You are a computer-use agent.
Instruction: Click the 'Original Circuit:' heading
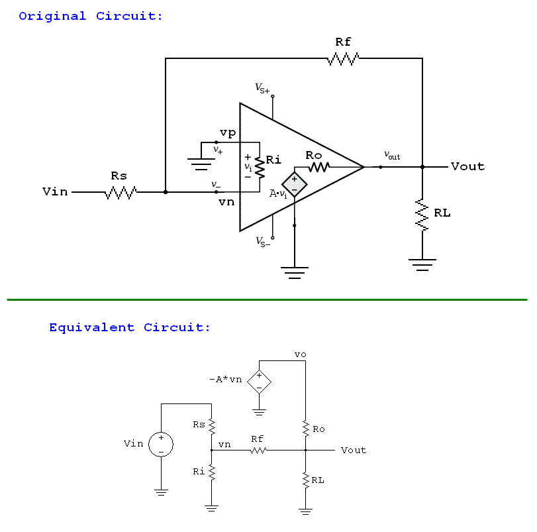click(91, 16)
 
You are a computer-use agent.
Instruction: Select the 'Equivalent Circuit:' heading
click(130, 327)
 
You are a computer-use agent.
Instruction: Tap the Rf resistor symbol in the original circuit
click(343, 59)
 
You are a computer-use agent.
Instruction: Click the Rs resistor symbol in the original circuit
click(121, 193)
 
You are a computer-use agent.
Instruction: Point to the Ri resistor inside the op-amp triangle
click(260, 168)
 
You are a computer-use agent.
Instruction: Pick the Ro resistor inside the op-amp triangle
click(318, 167)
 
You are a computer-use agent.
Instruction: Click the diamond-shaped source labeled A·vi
click(294, 184)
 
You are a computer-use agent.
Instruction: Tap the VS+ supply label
click(262, 87)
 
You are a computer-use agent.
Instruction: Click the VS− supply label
click(263, 241)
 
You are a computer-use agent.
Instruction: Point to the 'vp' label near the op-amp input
click(227, 133)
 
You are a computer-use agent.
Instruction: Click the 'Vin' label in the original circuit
click(55, 192)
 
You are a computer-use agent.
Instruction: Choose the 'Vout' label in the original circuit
click(467, 166)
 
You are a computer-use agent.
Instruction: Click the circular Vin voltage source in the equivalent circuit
click(161, 444)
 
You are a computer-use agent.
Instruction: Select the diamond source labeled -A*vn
click(259, 382)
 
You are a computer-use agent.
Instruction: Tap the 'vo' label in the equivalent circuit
click(300, 354)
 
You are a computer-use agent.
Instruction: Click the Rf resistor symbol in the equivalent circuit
click(257, 451)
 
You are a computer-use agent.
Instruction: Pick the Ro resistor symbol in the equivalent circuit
click(305, 429)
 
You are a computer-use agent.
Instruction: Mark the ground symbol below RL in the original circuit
click(422, 264)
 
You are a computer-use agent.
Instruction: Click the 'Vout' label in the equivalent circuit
click(353, 450)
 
